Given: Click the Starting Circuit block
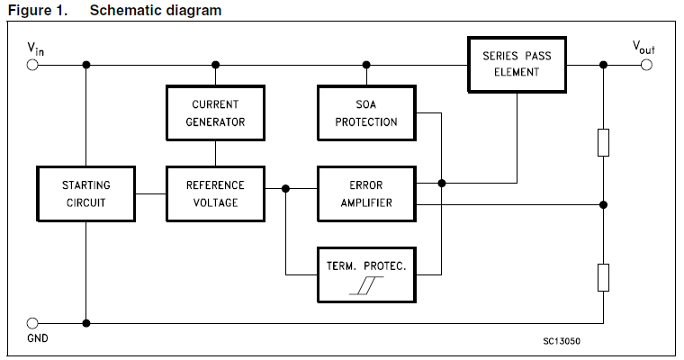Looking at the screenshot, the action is (x=85, y=193).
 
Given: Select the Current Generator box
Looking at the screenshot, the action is (x=215, y=113).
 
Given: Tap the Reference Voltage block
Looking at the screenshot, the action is (x=215, y=193).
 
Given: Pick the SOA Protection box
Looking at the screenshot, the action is (x=366, y=113).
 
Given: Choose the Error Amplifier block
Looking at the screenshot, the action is (x=366, y=193).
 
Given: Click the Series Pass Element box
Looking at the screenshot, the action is (x=517, y=65).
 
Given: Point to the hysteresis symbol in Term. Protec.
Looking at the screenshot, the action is (x=366, y=285).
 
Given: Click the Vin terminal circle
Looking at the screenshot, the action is (x=32, y=65).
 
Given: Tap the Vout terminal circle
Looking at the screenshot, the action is (x=646, y=65).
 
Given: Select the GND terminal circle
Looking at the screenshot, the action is (x=32, y=323).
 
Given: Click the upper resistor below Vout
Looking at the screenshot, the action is (x=603, y=143).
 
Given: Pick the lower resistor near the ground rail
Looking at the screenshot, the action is (x=603, y=277).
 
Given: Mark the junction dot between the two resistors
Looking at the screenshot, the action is (x=603, y=204).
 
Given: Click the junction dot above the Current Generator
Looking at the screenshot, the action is (x=215, y=65).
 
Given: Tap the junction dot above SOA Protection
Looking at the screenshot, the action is (x=366, y=65).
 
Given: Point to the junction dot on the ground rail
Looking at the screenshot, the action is (x=86, y=323).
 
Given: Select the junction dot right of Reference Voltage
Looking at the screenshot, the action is (x=285, y=188).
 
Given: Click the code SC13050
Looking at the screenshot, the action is (x=562, y=341).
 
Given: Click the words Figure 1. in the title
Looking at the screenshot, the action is (x=38, y=10).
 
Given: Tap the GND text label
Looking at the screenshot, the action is (x=38, y=338).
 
